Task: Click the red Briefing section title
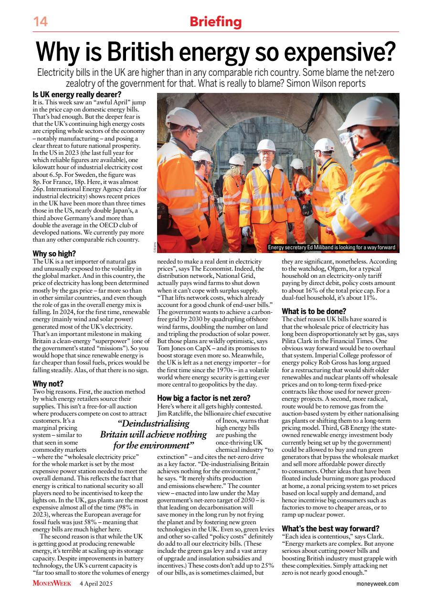[x=216, y=21]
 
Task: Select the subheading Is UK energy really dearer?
[x=76, y=95]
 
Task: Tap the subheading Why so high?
[x=54, y=254]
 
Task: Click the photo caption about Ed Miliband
[x=331, y=247]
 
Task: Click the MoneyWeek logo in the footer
[x=53, y=583]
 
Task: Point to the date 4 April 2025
[x=96, y=583]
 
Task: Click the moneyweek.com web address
[x=377, y=584]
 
